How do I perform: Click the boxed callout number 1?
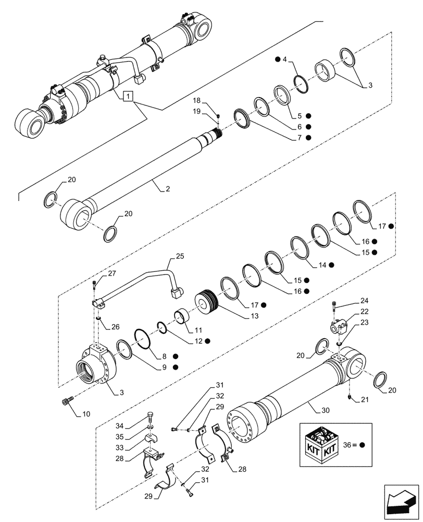(129, 97)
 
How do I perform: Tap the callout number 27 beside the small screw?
(112, 274)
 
